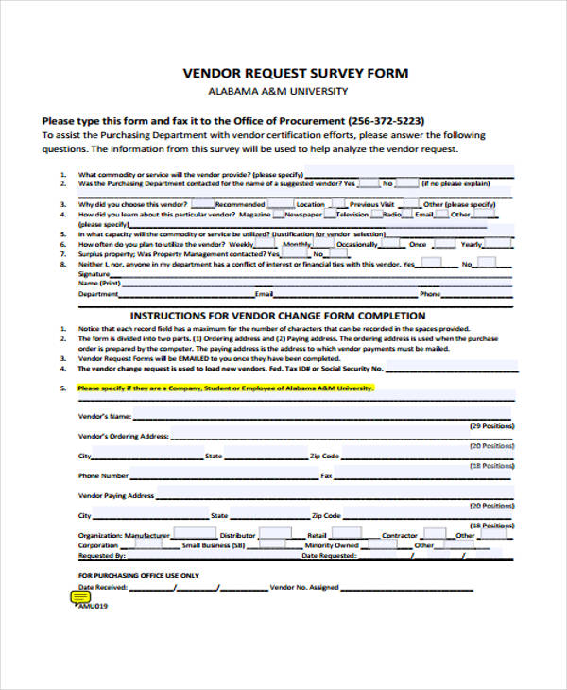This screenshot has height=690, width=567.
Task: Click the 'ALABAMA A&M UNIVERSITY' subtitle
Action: (x=277, y=92)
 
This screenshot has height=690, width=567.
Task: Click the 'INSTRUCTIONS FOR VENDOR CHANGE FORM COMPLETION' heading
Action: (x=277, y=316)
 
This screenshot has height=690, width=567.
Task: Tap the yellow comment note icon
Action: (x=80, y=597)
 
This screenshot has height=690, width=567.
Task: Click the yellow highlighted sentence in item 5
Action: (x=226, y=388)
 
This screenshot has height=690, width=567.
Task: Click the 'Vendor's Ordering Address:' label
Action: (x=123, y=436)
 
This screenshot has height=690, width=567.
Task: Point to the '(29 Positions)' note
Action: (x=491, y=426)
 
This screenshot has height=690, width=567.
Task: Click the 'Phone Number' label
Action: (x=103, y=475)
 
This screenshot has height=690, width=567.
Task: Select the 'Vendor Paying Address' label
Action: (x=116, y=495)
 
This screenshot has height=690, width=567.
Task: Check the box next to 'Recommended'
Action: (x=280, y=203)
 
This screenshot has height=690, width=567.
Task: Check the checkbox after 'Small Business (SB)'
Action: (x=261, y=545)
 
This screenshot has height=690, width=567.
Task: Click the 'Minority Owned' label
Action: (x=333, y=545)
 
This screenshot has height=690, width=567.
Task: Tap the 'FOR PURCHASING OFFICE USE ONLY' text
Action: (x=138, y=575)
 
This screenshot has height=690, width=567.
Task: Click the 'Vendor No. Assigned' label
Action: (x=304, y=587)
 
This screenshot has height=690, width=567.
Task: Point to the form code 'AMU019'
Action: (x=92, y=607)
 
